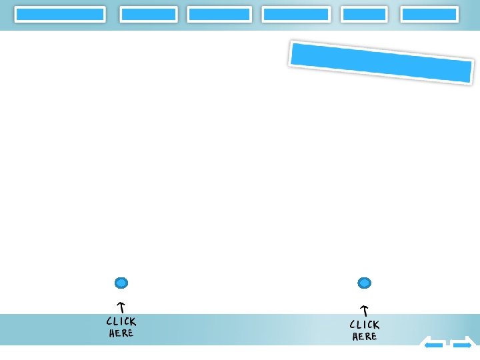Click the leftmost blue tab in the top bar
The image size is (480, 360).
tap(60, 14)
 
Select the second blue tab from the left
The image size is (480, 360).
tap(149, 14)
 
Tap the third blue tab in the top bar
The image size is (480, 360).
tap(219, 14)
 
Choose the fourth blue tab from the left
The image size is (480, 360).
tap(296, 14)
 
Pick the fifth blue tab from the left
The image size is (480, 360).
tap(364, 14)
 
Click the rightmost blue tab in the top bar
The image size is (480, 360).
tap(429, 14)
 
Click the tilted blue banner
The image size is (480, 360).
tap(381, 63)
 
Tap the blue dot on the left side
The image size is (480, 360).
tap(121, 283)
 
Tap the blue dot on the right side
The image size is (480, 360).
tap(364, 283)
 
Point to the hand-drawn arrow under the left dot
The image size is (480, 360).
tap(121, 307)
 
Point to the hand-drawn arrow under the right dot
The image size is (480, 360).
tap(364, 310)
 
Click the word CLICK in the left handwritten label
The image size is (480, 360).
tap(121, 321)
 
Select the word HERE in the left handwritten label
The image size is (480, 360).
tap(121, 333)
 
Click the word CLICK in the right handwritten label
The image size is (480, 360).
tap(364, 325)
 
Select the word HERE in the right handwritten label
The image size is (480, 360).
tap(364, 337)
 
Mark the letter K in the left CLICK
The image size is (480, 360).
tap(133, 322)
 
